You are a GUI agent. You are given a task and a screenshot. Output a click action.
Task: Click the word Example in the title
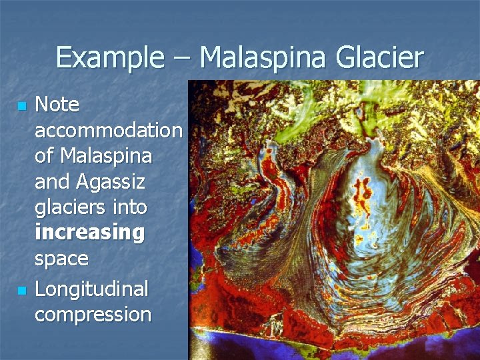tap(109, 58)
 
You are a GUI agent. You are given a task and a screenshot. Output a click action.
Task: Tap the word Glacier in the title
tap(379, 58)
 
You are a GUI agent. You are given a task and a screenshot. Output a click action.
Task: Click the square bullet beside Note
tap(22, 106)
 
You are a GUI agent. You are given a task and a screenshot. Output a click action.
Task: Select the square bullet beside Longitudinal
tap(22, 291)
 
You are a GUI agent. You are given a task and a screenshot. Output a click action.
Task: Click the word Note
tap(57, 105)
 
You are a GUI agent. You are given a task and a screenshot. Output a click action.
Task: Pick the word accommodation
tap(108, 130)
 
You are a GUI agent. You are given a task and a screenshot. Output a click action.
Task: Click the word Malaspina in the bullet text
tap(106, 156)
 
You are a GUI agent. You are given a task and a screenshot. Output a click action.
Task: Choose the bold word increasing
tap(89, 233)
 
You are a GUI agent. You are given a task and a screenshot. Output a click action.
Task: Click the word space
tap(61, 259)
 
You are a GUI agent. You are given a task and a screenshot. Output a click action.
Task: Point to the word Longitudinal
tap(91, 289)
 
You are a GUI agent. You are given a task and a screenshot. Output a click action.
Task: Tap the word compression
tap(93, 315)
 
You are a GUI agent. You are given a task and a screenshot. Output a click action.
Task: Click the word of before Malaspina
tap(45, 156)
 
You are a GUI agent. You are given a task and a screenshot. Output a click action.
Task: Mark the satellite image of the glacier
tap(333, 220)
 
